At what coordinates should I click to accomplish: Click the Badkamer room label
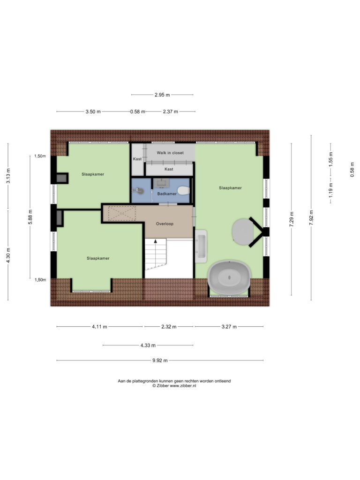pyautogui.click(x=167, y=194)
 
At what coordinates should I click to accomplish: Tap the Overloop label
pyautogui.click(x=165, y=224)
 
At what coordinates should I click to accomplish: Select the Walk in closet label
pyautogui.click(x=170, y=153)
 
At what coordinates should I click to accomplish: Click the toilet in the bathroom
pyautogui.click(x=183, y=191)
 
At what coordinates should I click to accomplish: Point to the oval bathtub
pyautogui.click(x=229, y=277)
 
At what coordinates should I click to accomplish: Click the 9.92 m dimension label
pyautogui.click(x=160, y=360)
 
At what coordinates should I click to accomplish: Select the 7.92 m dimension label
pyautogui.click(x=311, y=218)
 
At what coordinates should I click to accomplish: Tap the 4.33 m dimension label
pyautogui.click(x=148, y=345)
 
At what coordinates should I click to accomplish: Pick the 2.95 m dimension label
pyautogui.click(x=162, y=95)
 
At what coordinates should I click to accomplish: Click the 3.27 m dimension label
pyautogui.click(x=229, y=327)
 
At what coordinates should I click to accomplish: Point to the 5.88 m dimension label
pyautogui.click(x=30, y=217)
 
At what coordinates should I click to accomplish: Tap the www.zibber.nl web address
pyautogui.click(x=183, y=386)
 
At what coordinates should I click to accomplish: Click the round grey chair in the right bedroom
pyautogui.click(x=243, y=232)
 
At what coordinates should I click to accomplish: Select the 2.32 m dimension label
pyautogui.click(x=169, y=327)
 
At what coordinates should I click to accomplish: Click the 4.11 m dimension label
pyautogui.click(x=100, y=327)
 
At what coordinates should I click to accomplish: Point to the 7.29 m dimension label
pyautogui.click(x=292, y=219)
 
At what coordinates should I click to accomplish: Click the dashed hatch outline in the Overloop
pyautogui.click(x=122, y=213)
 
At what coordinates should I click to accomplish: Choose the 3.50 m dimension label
pyautogui.click(x=93, y=112)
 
